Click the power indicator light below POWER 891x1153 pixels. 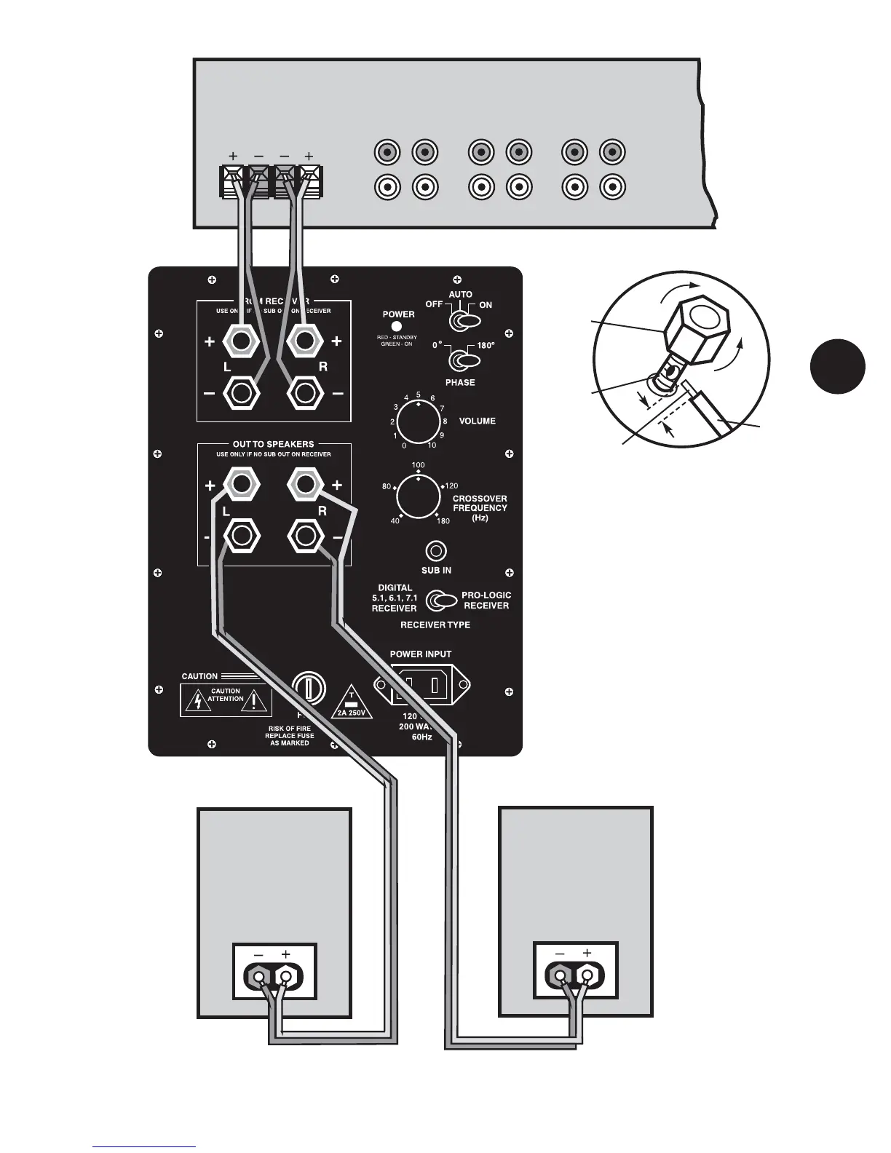click(397, 327)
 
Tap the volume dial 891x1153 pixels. click(419, 421)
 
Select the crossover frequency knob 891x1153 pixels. click(419, 497)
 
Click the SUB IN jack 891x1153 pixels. click(436, 551)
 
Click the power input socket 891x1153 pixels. click(421, 685)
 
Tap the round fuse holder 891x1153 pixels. click(309, 688)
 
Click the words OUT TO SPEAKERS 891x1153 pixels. click(273, 444)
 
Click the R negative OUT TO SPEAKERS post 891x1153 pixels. click(306, 537)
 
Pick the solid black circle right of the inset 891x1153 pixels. click(838, 366)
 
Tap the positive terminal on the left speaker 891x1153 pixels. click(286, 977)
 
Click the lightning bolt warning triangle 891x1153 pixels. click(197, 701)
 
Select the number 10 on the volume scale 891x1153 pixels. click(432, 445)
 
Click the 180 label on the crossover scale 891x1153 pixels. click(444, 521)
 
